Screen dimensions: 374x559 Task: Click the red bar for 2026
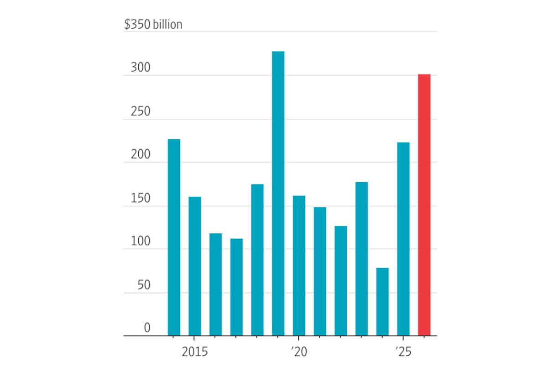pos(424,205)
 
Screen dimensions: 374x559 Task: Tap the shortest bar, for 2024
pos(382,302)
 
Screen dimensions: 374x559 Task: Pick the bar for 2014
pos(174,237)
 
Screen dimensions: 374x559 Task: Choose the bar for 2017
pos(236,287)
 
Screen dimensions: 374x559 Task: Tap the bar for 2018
pos(257,260)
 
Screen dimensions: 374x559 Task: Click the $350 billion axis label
pos(153,24)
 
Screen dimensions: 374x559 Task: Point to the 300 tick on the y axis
pos(140,68)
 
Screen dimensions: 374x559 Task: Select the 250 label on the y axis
pos(140,112)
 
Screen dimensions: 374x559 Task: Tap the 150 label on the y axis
pos(140,199)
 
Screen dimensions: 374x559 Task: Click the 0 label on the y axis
pos(147,328)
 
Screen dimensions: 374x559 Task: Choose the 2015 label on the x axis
pos(194,353)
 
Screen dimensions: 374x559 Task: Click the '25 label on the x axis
pos(402,353)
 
